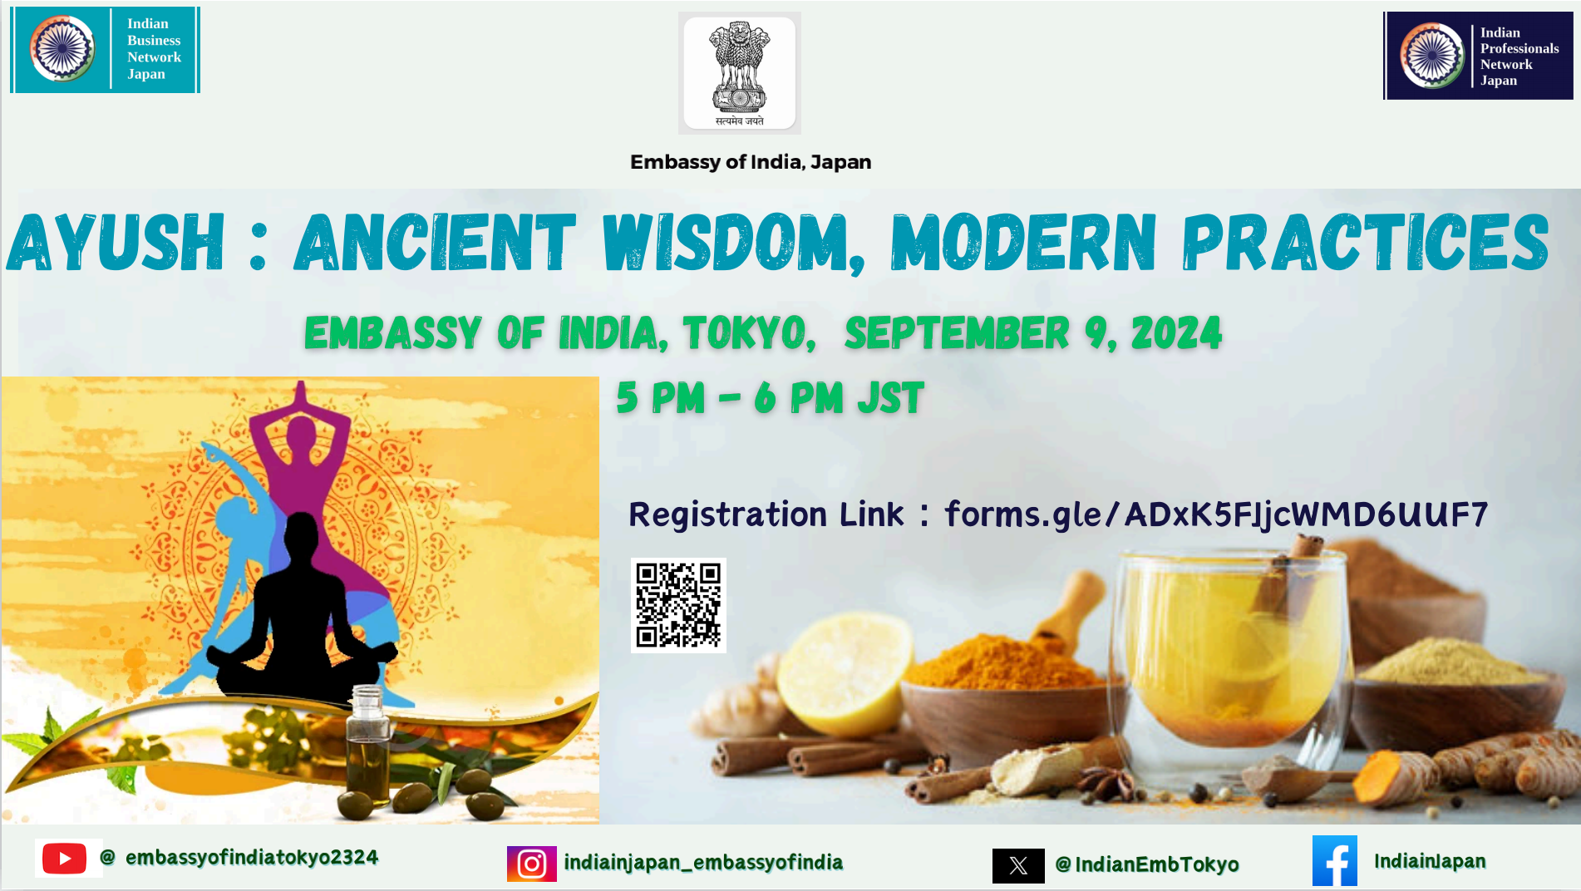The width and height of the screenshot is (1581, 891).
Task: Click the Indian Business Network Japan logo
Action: pos(105,50)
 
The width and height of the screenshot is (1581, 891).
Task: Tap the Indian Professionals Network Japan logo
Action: pos(1478,56)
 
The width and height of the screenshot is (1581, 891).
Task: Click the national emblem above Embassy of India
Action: pos(740,73)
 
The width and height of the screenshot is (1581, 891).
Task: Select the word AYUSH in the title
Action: pos(116,242)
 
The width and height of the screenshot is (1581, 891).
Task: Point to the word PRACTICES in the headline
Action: pos(1366,242)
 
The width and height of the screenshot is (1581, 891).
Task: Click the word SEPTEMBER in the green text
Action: pos(957,333)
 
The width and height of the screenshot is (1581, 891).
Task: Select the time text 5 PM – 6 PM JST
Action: pos(770,397)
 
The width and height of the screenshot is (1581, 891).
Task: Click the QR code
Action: pos(678,605)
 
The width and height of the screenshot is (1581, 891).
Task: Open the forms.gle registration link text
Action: pos(1216,514)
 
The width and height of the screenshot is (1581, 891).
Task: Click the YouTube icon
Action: pos(64,859)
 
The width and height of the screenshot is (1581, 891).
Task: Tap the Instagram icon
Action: pos(532,864)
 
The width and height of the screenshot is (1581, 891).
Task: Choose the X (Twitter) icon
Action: pos(1018,866)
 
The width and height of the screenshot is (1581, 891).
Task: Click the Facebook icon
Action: pos(1335,861)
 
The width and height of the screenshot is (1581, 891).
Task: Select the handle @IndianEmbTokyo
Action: pos(1147,864)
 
